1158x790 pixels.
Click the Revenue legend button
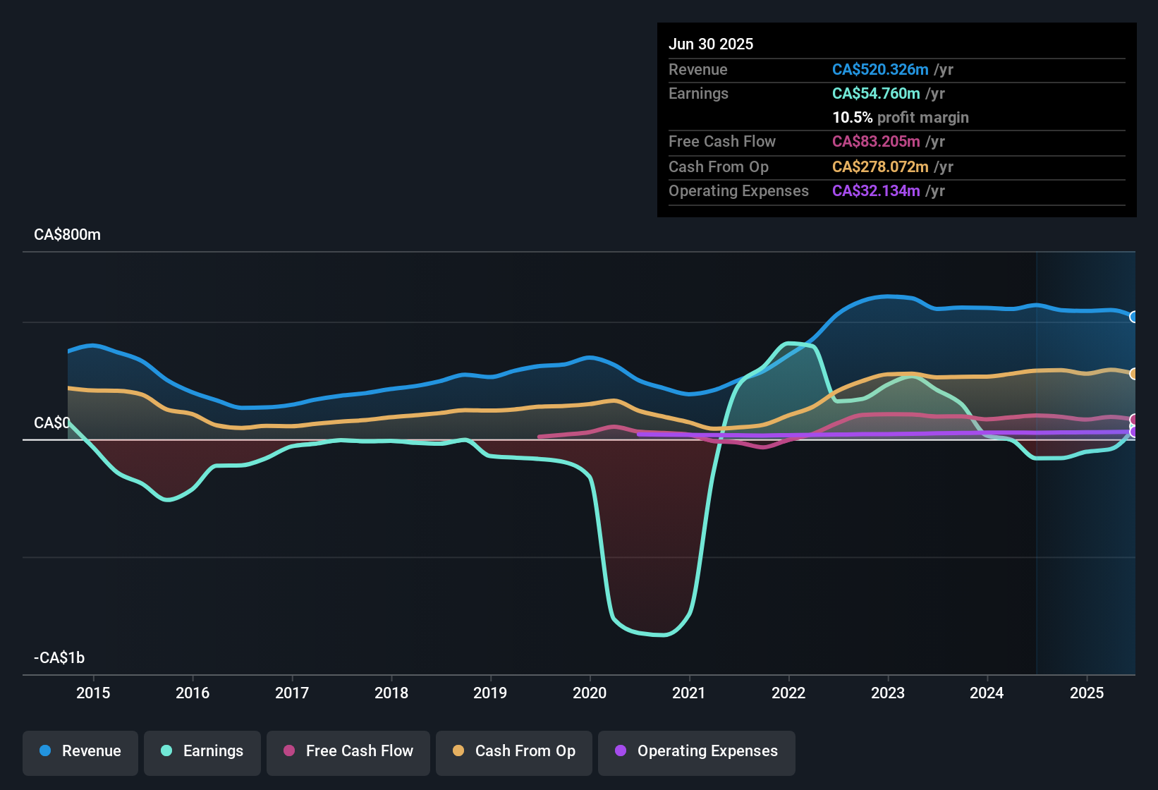click(80, 751)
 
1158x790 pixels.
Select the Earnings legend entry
click(202, 751)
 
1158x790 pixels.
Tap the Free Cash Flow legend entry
click(348, 751)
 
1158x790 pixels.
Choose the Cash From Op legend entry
click(514, 751)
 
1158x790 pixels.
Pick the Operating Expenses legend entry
click(697, 751)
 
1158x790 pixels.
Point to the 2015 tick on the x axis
click(93, 693)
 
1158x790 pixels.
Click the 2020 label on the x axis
click(590, 693)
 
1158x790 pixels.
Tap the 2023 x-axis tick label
click(888, 693)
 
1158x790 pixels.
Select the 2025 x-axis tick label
click(1087, 693)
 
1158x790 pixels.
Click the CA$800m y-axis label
click(68, 235)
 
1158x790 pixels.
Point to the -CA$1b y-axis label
click(59, 658)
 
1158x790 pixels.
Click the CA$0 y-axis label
click(52, 423)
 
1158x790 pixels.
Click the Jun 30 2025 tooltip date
click(711, 44)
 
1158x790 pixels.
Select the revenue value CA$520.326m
click(880, 70)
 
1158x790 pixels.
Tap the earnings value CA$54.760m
click(876, 94)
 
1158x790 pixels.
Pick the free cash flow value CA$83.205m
click(876, 142)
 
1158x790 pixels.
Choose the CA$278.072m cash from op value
click(880, 167)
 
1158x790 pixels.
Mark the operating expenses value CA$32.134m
click(876, 191)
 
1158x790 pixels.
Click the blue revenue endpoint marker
click(1133, 317)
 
